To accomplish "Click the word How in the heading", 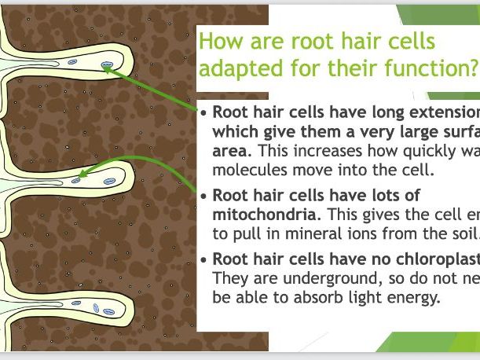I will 220,42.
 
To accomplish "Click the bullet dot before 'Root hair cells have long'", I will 204,112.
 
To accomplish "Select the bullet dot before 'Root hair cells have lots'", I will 204,197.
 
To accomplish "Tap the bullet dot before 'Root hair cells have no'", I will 204,259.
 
